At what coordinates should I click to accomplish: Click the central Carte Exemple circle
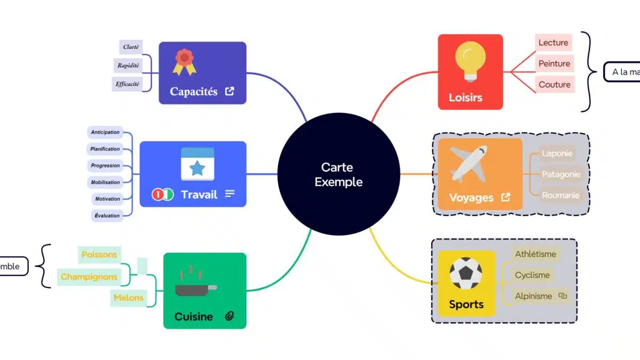click(339, 174)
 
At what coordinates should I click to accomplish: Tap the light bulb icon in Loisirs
click(470, 61)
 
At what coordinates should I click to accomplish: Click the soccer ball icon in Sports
click(466, 274)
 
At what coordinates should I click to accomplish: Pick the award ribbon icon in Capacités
click(184, 62)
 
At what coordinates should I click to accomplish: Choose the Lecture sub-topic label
click(554, 43)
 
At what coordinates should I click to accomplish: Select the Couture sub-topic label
click(554, 84)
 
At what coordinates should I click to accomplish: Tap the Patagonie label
click(561, 174)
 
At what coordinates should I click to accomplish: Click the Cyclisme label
click(532, 275)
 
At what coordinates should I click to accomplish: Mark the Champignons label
click(89, 277)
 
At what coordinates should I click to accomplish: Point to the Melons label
click(129, 298)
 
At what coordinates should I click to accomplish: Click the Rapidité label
click(129, 66)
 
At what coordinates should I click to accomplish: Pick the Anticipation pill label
click(105, 132)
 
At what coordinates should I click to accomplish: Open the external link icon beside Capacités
click(229, 91)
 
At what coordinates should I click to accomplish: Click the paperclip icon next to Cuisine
click(229, 316)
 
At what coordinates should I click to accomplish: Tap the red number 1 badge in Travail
click(157, 195)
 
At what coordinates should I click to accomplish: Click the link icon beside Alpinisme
click(562, 295)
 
